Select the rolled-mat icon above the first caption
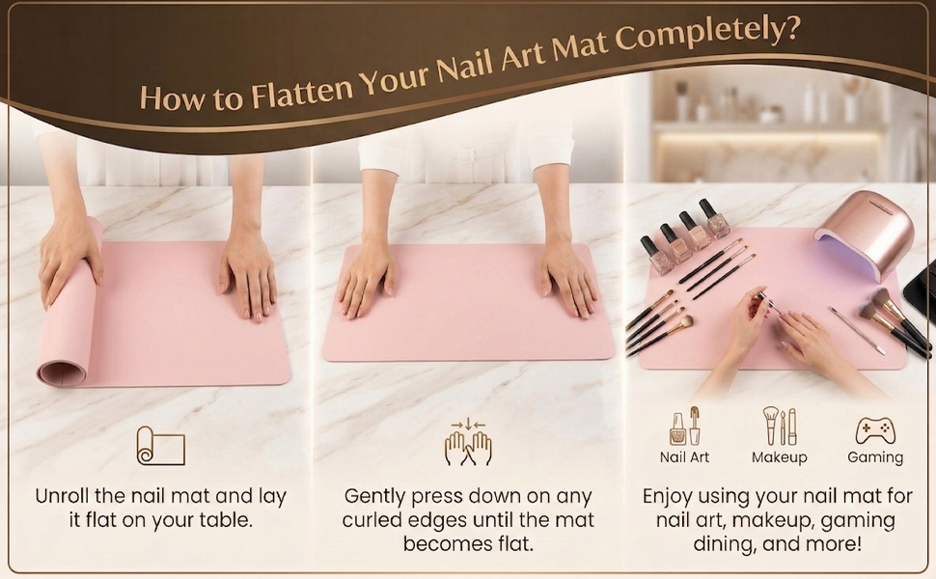pyautogui.click(x=160, y=446)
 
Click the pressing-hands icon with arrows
pyautogui.click(x=468, y=442)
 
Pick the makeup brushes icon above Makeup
pyautogui.click(x=779, y=427)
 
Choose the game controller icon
pyautogui.click(x=874, y=430)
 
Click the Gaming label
pyautogui.click(x=874, y=457)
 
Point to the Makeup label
pyautogui.click(x=779, y=457)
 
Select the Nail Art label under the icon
pyautogui.click(x=684, y=457)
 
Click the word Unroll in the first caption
pyautogui.click(x=67, y=497)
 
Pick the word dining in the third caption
pyautogui.click(x=727, y=544)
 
